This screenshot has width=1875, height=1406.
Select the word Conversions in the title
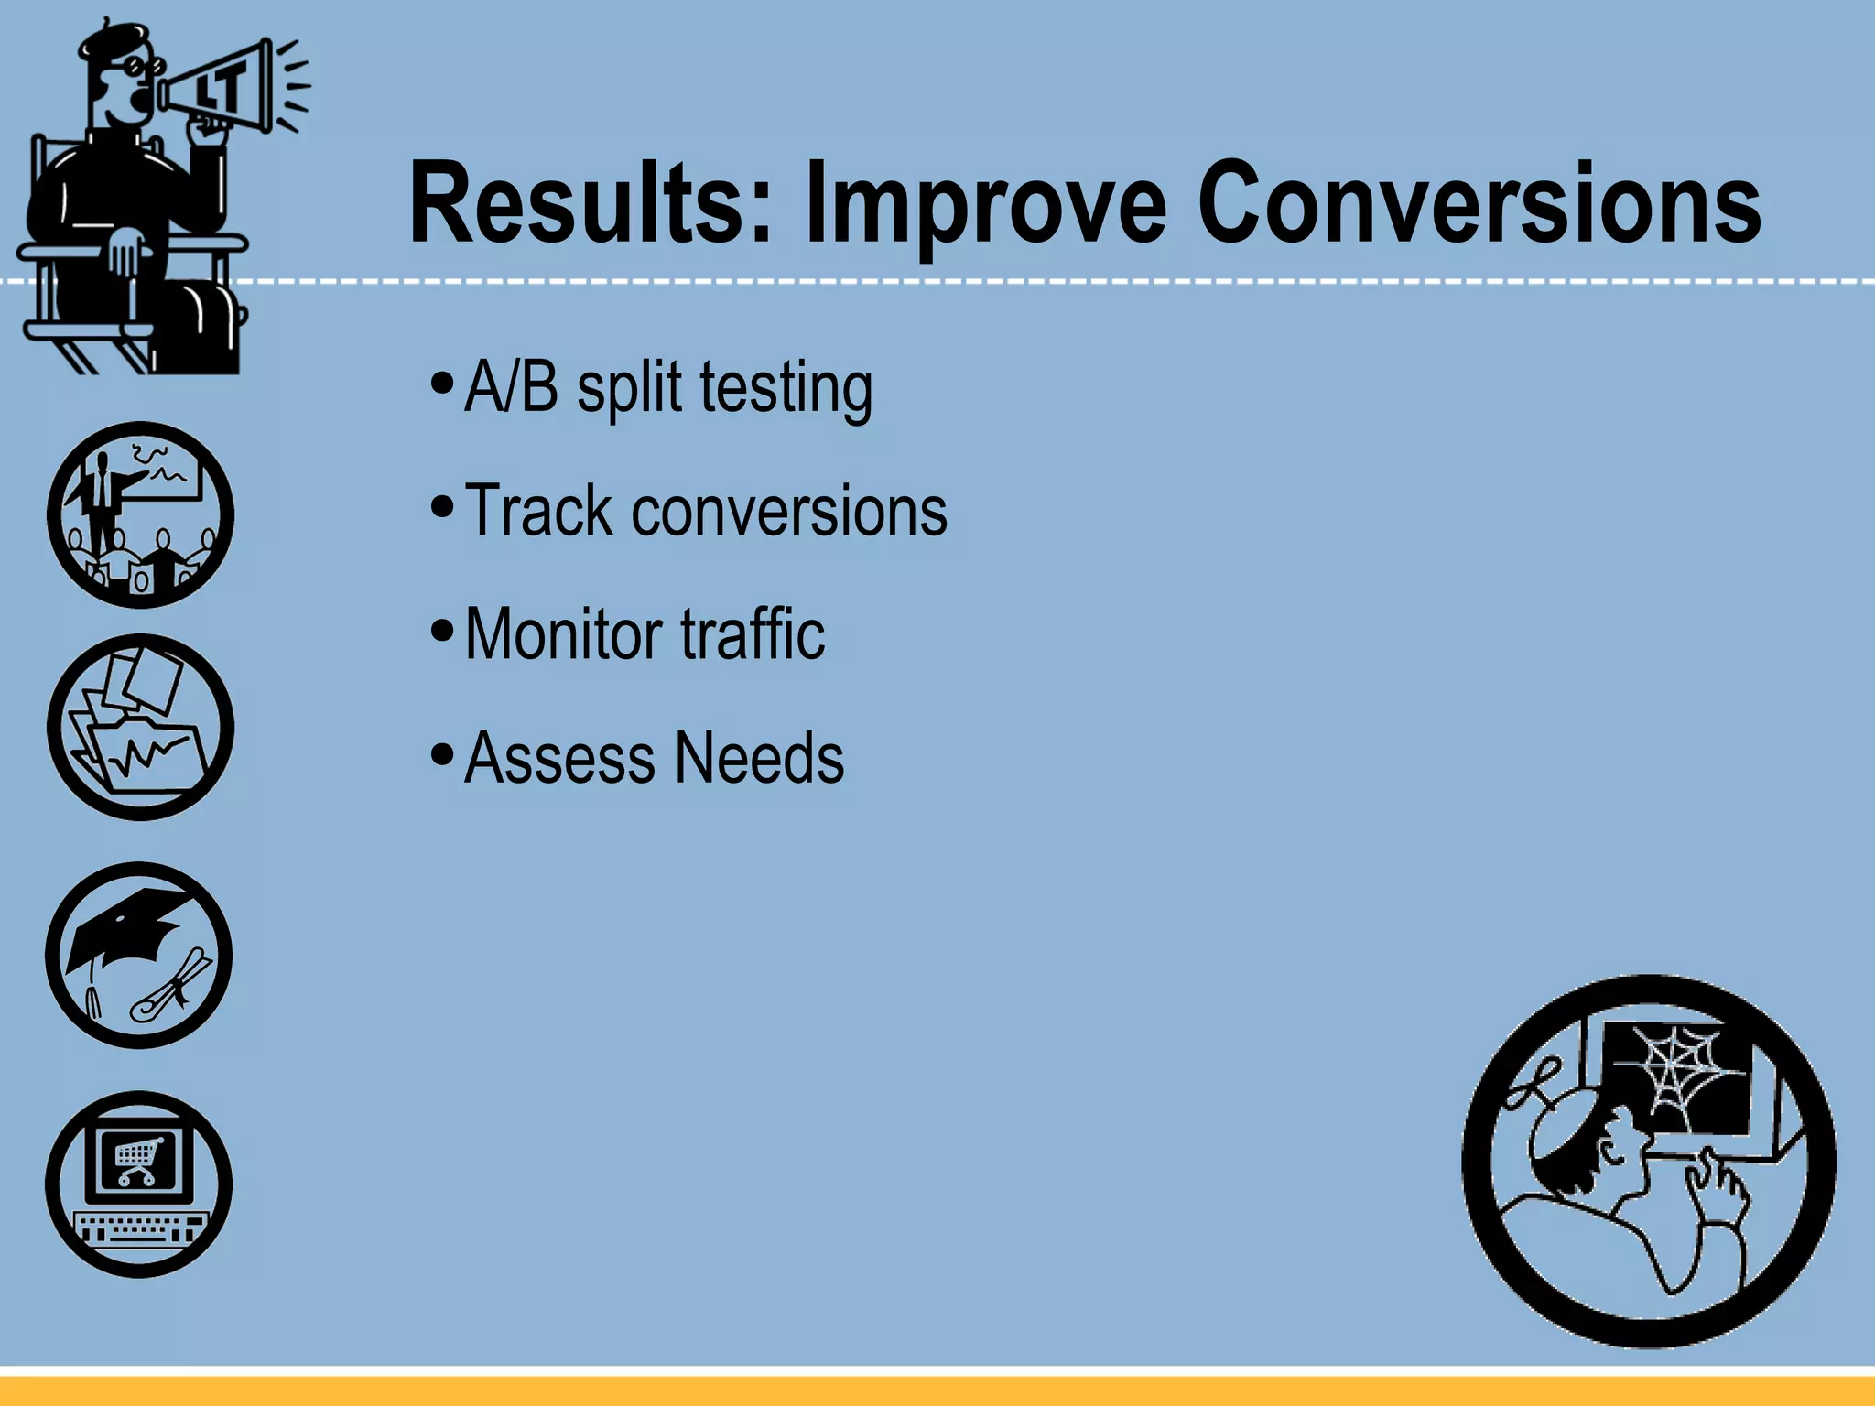pyautogui.click(x=1478, y=203)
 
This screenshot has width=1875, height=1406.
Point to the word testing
pyautogui.click(x=786, y=388)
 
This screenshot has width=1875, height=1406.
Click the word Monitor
pyautogui.click(x=563, y=633)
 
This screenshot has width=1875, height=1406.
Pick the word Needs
pyautogui.click(x=759, y=758)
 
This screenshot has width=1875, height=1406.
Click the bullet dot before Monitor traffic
pyautogui.click(x=441, y=630)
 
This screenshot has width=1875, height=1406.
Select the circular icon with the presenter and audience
pyautogui.click(x=140, y=514)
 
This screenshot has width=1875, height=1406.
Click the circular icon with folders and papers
pyautogui.click(x=140, y=727)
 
